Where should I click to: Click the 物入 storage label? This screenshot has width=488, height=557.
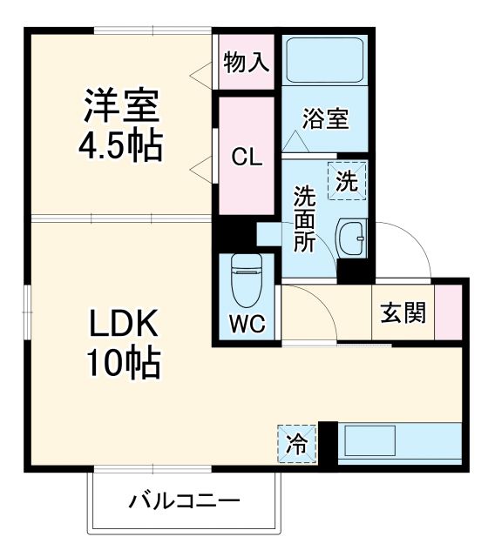point(246,63)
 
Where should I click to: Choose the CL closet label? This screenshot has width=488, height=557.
point(246,157)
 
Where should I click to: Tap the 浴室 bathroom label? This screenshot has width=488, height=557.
point(325,120)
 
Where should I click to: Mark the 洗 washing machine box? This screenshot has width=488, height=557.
point(348,182)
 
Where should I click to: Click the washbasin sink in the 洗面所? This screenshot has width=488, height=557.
point(352,236)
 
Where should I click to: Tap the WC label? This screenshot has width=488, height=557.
point(245,325)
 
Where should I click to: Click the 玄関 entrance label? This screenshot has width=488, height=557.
point(403,312)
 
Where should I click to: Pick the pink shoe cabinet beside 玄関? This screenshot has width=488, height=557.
point(447,312)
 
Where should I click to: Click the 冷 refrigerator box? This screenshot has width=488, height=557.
point(297,445)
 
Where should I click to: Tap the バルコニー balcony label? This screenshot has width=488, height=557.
point(185,501)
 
